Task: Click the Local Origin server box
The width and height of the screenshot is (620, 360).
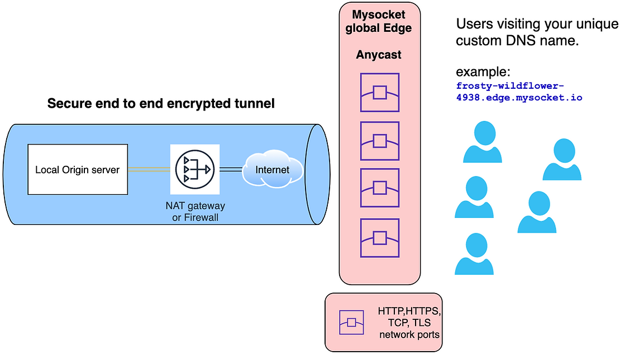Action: [78, 170]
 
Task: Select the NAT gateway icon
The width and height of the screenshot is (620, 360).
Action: [194, 169]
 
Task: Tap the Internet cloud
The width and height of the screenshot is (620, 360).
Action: [273, 169]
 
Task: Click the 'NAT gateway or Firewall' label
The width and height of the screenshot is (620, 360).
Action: [195, 212]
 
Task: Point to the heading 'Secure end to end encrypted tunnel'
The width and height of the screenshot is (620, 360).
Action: [161, 103]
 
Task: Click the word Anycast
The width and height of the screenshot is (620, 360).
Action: [379, 55]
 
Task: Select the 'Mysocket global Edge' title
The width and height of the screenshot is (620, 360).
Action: [379, 22]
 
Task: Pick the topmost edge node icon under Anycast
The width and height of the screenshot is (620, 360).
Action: [379, 93]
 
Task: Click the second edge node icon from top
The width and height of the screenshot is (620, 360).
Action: [379, 141]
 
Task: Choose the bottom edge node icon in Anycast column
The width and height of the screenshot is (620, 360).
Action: [379, 238]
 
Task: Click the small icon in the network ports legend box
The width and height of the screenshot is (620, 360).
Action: [351, 323]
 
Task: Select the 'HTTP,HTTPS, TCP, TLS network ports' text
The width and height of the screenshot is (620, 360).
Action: [409, 323]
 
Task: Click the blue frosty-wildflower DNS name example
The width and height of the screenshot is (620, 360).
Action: [519, 92]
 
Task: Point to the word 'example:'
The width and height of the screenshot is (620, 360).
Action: [484, 72]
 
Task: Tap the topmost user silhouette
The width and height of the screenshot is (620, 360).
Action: [483, 143]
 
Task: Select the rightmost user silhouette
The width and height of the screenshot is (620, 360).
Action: [562, 160]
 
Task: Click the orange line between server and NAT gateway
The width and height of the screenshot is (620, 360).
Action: [149, 169]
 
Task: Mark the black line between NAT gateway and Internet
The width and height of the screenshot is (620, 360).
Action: [231, 169]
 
